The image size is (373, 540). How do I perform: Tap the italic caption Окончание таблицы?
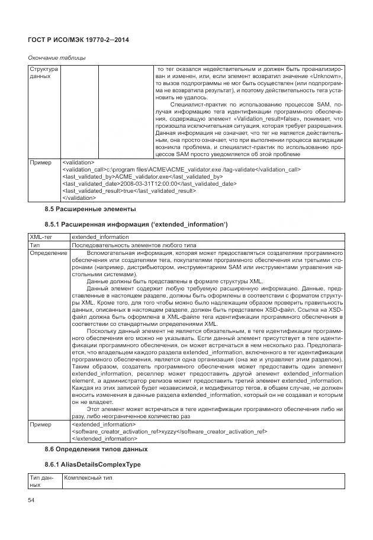tap(57, 57)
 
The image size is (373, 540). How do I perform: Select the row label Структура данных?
tap(43, 73)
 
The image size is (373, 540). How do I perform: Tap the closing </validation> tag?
tap(83, 198)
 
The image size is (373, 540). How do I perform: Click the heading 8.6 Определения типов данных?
tap(96, 450)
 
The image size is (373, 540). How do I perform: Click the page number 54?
tap(31, 501)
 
